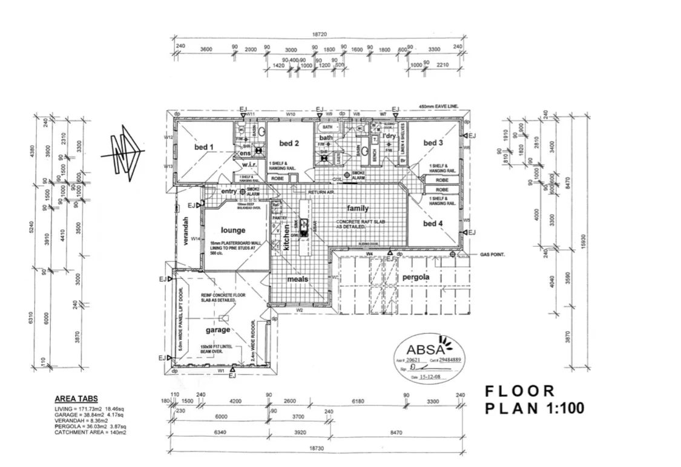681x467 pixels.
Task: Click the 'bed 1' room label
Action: [x=203, y=147]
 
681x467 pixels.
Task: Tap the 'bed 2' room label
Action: [x=289, y=143]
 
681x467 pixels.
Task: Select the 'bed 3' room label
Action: [x=433, y=143]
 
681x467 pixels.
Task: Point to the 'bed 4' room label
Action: [x=433, y=223]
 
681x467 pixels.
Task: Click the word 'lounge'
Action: [x=233, y=230]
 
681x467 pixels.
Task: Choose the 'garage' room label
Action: [x=218, y=330]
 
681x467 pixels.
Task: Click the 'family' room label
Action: [x=357, y=209]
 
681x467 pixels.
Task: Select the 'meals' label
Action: [x=298, y=279]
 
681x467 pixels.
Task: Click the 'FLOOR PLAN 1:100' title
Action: [x=535, y=399]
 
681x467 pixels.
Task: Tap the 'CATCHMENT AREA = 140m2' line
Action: [x=91, y=433]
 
